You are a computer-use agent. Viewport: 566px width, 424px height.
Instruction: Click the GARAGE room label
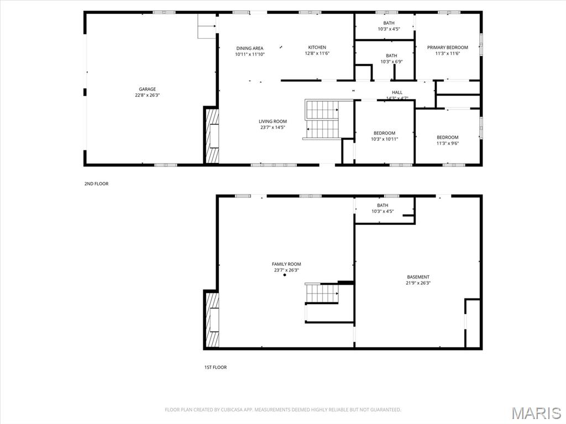147,89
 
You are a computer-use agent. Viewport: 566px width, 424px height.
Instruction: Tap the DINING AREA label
250,49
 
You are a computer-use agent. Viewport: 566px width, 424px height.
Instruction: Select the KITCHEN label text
317,48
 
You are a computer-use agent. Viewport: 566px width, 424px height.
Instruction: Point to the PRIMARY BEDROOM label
448,48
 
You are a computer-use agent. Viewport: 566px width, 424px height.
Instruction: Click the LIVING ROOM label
273,122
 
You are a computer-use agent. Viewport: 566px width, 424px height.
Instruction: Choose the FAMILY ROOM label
287,264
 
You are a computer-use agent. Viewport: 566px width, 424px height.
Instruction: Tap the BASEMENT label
418,277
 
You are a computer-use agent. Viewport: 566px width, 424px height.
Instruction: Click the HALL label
397,92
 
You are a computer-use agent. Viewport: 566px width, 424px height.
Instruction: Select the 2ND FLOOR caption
96,184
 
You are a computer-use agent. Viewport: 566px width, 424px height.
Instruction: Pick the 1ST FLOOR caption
216,367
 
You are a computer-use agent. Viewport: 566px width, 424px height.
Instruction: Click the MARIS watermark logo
536,413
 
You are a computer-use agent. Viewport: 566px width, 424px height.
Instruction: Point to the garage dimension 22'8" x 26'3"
147,95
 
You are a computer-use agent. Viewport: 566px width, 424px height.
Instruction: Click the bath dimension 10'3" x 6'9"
392,62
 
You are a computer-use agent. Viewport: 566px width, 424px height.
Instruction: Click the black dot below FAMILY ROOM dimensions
285,275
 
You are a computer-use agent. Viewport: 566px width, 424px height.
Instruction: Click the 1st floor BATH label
382,206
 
